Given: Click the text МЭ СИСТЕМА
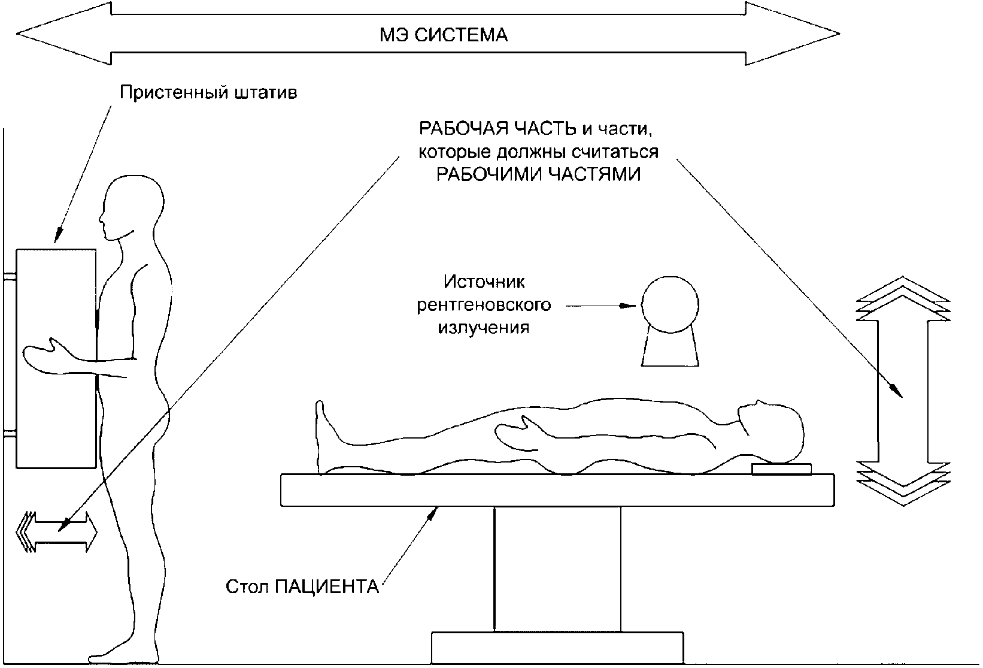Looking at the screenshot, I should pyautogui.click(x=444, y=35).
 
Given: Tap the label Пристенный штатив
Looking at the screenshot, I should pyautogui.click(x=208, y=93).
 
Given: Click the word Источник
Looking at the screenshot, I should pyautogui.click(x=484, y=282).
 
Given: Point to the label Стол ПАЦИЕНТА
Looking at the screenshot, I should pyautogui.click(x=303, y=586).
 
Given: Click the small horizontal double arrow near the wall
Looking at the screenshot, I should pyautogui.click(x=57, y=531).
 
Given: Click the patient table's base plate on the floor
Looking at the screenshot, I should pyautogui.click(x=557, y=646).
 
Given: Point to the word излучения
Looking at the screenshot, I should pyautogui.click(x=484, y=328).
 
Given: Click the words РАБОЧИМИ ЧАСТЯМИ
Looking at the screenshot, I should pyautogui.click(x=538, y=174).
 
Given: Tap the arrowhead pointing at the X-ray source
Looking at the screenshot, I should pyautogui.click(x=628, y=306).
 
